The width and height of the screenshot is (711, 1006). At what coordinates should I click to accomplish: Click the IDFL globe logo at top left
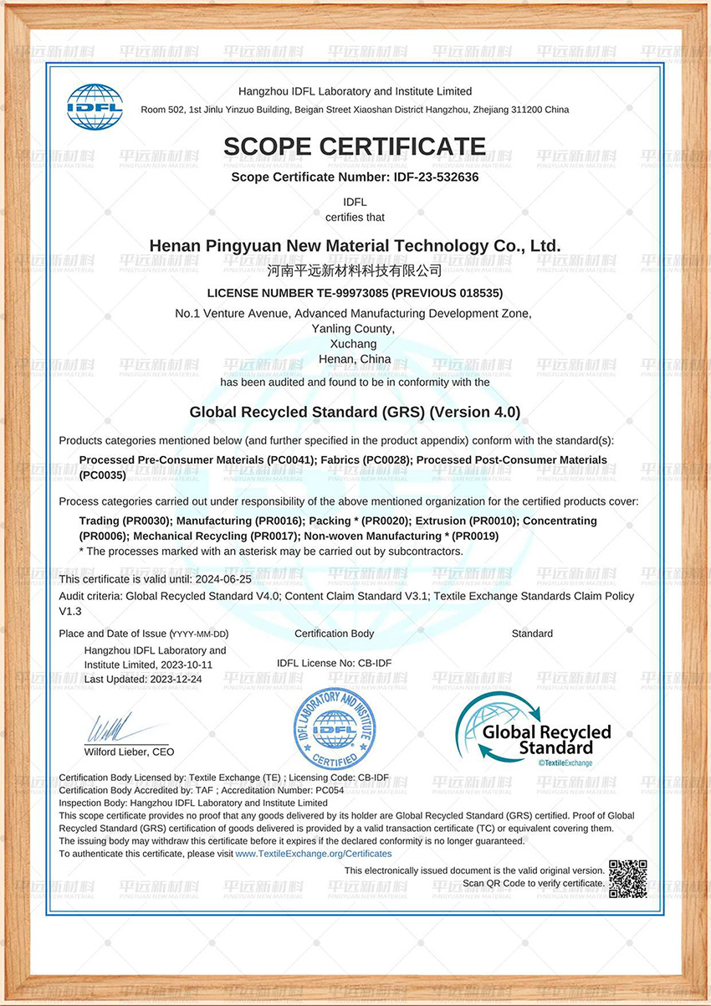click(95, 106)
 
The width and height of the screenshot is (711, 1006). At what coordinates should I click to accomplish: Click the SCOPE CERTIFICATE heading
click(354, 147)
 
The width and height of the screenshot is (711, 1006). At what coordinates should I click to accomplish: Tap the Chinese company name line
click(354, 270)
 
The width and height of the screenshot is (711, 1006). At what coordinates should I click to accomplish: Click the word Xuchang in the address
click(354, 344)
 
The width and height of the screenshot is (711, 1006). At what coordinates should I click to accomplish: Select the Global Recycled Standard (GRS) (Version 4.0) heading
click(355, 412)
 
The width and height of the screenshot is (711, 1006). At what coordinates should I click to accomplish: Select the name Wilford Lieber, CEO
click(130, 752)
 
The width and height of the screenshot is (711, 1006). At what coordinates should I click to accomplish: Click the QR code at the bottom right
click(627, 879)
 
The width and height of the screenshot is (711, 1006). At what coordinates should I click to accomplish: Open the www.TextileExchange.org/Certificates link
click(314, 854)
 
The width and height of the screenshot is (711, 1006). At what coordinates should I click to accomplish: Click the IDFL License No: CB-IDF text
click(334, 663)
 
